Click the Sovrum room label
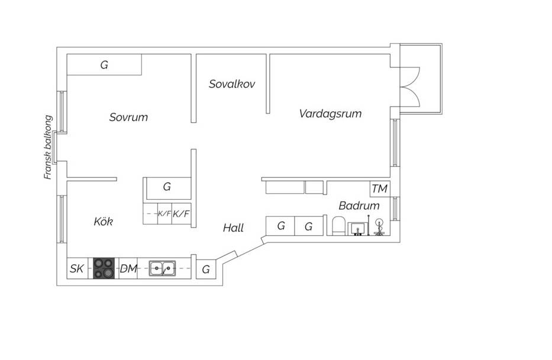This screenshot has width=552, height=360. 128,117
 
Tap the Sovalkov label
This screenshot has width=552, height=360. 232,84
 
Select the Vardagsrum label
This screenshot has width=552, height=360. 330,113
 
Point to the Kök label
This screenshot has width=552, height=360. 103,221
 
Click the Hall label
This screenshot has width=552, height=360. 234,228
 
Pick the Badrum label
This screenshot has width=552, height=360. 359,206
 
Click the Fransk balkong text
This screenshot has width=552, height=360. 48,147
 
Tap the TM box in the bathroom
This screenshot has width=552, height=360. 380,189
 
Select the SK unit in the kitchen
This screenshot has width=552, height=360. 78,268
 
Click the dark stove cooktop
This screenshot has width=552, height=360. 104,268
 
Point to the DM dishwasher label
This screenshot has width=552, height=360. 128,268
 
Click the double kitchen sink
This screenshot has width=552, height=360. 162,268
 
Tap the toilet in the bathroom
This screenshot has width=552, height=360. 338,226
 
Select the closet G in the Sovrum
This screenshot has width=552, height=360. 104,65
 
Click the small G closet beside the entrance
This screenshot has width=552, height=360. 206,269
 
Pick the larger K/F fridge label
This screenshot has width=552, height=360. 181,213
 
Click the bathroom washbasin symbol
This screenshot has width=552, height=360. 358,229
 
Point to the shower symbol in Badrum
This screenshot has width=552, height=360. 379,227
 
